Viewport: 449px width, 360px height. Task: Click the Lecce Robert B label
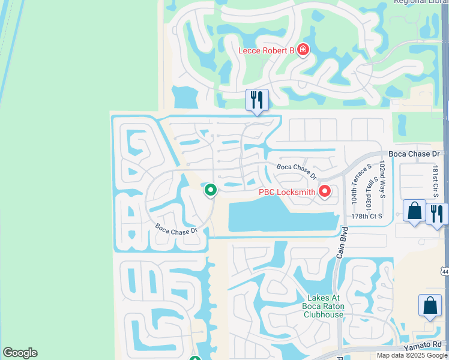266,50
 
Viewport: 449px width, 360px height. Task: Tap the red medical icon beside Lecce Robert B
303,49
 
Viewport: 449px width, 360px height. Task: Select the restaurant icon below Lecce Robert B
257,100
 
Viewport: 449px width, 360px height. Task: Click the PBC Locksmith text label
287,193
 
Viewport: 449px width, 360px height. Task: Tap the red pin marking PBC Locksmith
325,191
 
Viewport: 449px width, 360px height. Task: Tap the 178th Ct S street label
367,216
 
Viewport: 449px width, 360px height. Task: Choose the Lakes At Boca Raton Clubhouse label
324,306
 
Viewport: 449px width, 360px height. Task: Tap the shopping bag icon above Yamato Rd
430,305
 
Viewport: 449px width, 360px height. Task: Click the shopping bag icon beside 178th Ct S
414,211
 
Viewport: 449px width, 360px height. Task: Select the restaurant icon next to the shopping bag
437,214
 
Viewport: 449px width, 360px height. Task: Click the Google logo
20,353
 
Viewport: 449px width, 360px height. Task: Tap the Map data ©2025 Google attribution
412,355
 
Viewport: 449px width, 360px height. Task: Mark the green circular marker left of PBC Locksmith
211,190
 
